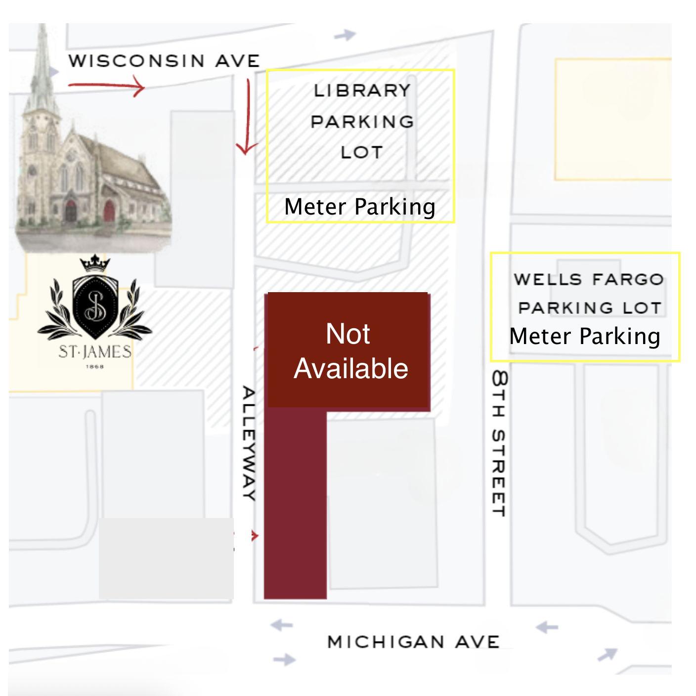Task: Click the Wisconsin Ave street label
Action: pyautogui.click(x=164, y=61)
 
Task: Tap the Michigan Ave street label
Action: pyautogui.click(x=413, y=642)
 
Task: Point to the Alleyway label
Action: pyautogui.click(x=249, y=443)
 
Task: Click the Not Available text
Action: pyautogui.click(x=350, y=351)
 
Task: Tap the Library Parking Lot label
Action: pyautogui.click(x=362, y=121)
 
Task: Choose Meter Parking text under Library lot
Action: pyautogui.click(x=359, y=207)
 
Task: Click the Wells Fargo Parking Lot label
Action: pyautogui.click(x=588, y=293)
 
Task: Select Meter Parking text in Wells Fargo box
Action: pyautogui.click(x=585, y=336)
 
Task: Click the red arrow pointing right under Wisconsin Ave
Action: pyautogui.click(x=106, y=87)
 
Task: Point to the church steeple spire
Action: pyautogui.click(x=42, y=59)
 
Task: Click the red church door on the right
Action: pyautogui.click(x=109, y=211)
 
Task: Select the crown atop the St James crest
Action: pyautogui.click(x=94, y=263)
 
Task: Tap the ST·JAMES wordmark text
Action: pyautogui.click(x=95, y=352)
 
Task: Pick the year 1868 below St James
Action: pyautogui.click(x=95, y=366)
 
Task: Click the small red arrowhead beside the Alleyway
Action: pyautogui.click(x=255, y=536)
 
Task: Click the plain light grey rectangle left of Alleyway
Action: pyautogui.click(x=166, y=558)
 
